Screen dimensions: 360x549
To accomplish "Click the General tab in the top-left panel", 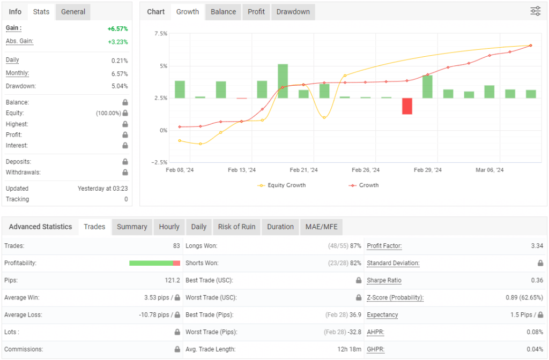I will pos(73,12).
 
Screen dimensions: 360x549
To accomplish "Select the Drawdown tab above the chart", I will pos(293,12).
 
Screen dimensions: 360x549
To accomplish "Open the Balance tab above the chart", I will pos(224,12).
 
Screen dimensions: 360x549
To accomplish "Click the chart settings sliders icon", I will pos(535,11).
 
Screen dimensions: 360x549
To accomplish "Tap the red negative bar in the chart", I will pos(407,106).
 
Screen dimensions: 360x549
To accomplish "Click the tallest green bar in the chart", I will pos(283,81).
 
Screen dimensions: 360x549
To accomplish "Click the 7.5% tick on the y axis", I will pos(160,34).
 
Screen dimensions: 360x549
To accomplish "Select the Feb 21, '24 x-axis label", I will pos(303,170).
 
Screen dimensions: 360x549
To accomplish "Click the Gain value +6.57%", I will pos(117,29).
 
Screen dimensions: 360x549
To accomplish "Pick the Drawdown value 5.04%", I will pos(119,86).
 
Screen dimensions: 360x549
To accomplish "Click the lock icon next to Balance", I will pos(125,102).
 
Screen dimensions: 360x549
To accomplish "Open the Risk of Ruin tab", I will pos(236,227).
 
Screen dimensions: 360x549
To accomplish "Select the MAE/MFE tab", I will pos(321,227).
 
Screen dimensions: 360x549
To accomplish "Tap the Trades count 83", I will pos(176,246).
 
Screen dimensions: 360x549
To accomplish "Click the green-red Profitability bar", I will pos(154,263).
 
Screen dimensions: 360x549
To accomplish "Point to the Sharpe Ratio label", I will pos(384,281).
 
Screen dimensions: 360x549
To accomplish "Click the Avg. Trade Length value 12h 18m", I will pos(349,349).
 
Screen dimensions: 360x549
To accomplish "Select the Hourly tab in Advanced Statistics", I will pos(169,227).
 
